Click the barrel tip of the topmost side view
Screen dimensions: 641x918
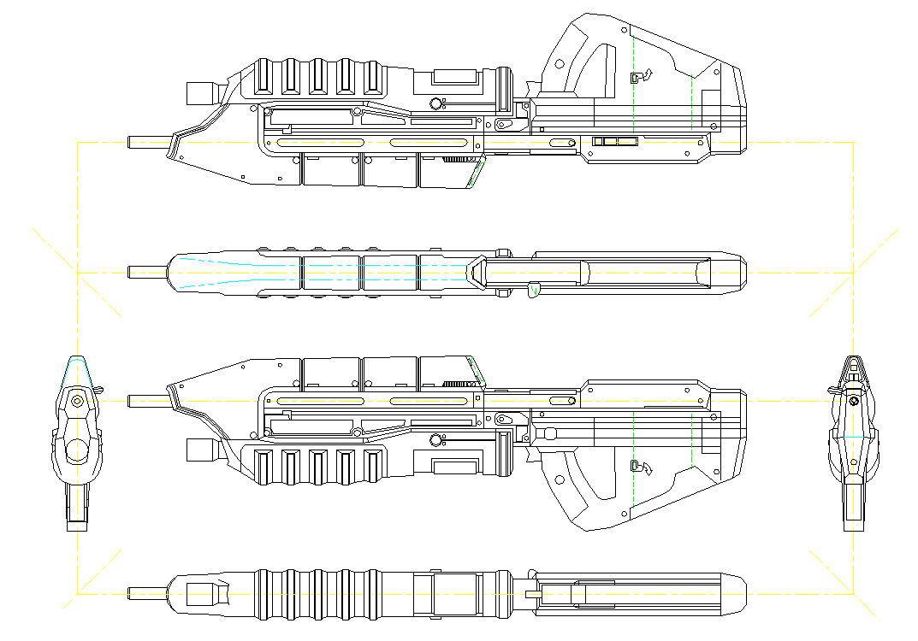click(131, 141)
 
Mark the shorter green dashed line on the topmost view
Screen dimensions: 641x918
click(691, 103)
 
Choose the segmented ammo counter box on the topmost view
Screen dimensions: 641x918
click(616, 140)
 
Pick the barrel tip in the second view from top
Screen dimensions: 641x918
click(131, 272)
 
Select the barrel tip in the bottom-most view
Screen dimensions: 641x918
click(131, 592)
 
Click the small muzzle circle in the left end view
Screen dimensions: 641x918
click(77, 400)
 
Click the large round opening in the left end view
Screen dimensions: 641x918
click(77, 450)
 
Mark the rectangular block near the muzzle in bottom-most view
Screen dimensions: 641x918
click(202, 592)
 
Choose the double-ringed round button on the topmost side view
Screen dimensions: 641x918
click(436, 103)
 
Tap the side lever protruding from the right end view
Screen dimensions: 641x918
click(832, 391)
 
